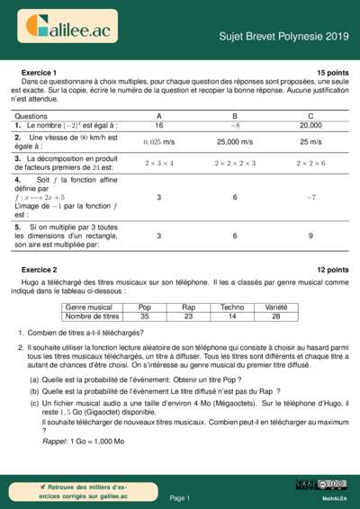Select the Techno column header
point(232,308)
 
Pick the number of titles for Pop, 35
point(145,317)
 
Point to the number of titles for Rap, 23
point(188,317)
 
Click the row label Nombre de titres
point(93,317)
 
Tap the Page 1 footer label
point(179,497)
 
